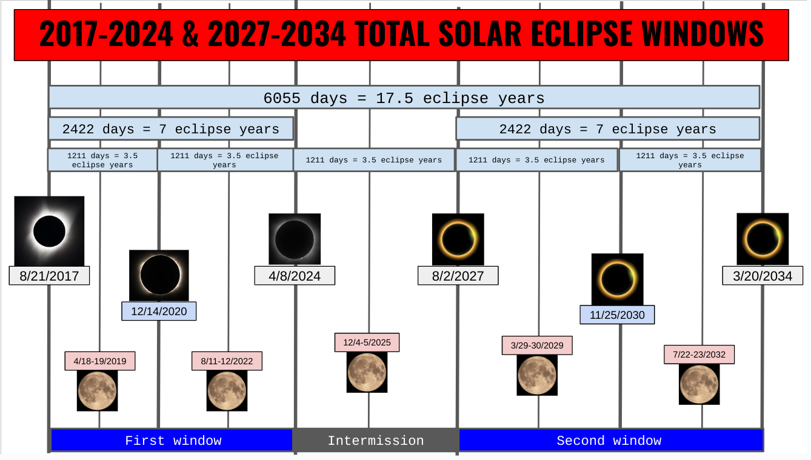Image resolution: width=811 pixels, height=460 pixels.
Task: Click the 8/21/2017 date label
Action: [49, 276]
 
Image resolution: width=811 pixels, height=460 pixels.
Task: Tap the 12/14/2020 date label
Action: [159, 312]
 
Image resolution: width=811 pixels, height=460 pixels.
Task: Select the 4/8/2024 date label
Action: [295, 276]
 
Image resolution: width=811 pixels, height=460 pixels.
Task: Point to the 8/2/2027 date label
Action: [458, 276]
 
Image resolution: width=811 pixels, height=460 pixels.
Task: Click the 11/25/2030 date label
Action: [617, 315]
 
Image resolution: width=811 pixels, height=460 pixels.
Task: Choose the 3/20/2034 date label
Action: [763, 276]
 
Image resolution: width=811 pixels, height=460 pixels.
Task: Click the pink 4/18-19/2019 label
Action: [100, 361]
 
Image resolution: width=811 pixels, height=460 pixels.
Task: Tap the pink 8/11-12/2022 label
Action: [227, 361]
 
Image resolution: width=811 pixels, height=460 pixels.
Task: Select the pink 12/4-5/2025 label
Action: [367, 342]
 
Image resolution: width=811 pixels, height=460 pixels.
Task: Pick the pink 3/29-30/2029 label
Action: [537, 345]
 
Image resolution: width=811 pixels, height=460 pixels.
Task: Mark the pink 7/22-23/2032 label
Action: [699, 355]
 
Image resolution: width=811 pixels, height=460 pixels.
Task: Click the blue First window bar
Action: [173, 441]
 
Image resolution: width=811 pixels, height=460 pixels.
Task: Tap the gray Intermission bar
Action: [376, 441]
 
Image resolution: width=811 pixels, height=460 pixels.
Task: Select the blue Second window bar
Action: [609, 441]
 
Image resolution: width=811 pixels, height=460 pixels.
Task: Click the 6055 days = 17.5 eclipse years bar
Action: [404, 98]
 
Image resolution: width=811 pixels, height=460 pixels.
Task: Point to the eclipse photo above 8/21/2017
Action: [49, 230]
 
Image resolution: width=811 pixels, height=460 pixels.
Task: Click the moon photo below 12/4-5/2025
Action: [367, 372]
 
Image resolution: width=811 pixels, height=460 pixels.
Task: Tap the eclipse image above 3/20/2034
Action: [763, 239]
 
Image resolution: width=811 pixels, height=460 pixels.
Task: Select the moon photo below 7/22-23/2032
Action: [699, 384]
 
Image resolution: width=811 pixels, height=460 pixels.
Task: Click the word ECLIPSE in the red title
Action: [575, 35]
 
